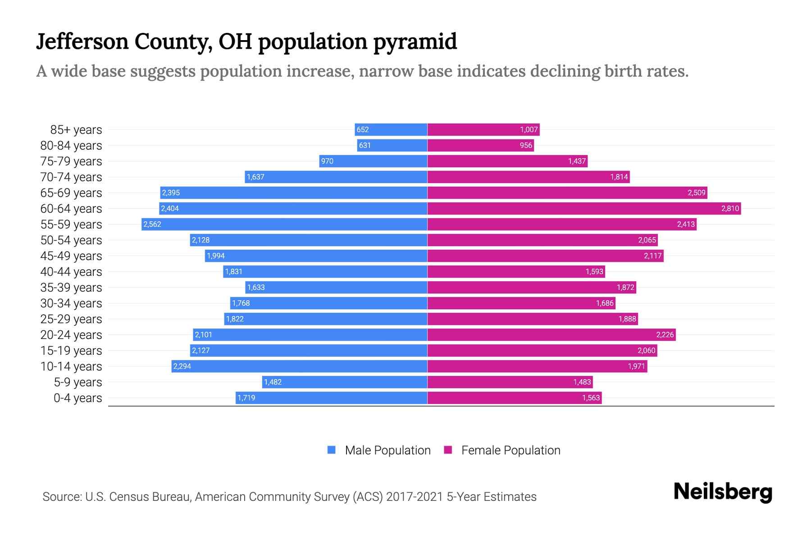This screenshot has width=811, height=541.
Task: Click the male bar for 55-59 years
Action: (284, 224)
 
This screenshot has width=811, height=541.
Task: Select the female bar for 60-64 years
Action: (584, 208)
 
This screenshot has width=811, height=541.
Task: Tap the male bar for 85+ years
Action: (391, 129)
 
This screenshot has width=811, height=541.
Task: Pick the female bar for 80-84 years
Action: (480, 145)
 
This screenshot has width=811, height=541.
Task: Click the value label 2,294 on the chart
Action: (182, 366)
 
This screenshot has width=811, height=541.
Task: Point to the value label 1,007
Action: (529, 129)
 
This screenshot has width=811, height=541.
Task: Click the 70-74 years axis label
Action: (71, 177)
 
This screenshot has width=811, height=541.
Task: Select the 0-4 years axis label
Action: (77, 398)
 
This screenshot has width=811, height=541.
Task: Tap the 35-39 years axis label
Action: (71, 287)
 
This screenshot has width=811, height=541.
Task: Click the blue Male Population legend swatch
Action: (332, 450)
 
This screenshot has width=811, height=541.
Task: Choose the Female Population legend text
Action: (510, 450)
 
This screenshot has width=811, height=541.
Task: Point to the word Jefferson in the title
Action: (82, 41)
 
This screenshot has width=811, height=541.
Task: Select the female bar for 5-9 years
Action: (510, 382)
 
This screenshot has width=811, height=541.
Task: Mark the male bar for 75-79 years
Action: (373, 161)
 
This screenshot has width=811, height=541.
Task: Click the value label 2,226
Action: (665, 335)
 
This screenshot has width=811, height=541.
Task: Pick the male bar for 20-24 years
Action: (310, 335)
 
